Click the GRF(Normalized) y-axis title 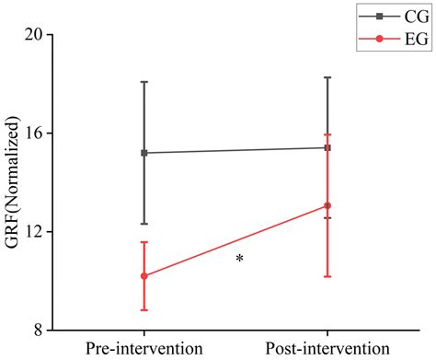[x=13, y=181]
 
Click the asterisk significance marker [x=239, y=260]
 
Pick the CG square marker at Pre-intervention [x=144, y=153]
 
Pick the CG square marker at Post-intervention [x=327, y=147]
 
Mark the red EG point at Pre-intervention [x=144, y=276]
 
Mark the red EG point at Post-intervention [x=327, y=206]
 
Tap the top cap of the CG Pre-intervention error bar [x=144, y=82]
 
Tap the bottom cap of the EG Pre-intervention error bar [x=144, y=310]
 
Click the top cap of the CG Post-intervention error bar [x=327, y=77]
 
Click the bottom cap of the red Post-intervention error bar [x=327, y=276]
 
